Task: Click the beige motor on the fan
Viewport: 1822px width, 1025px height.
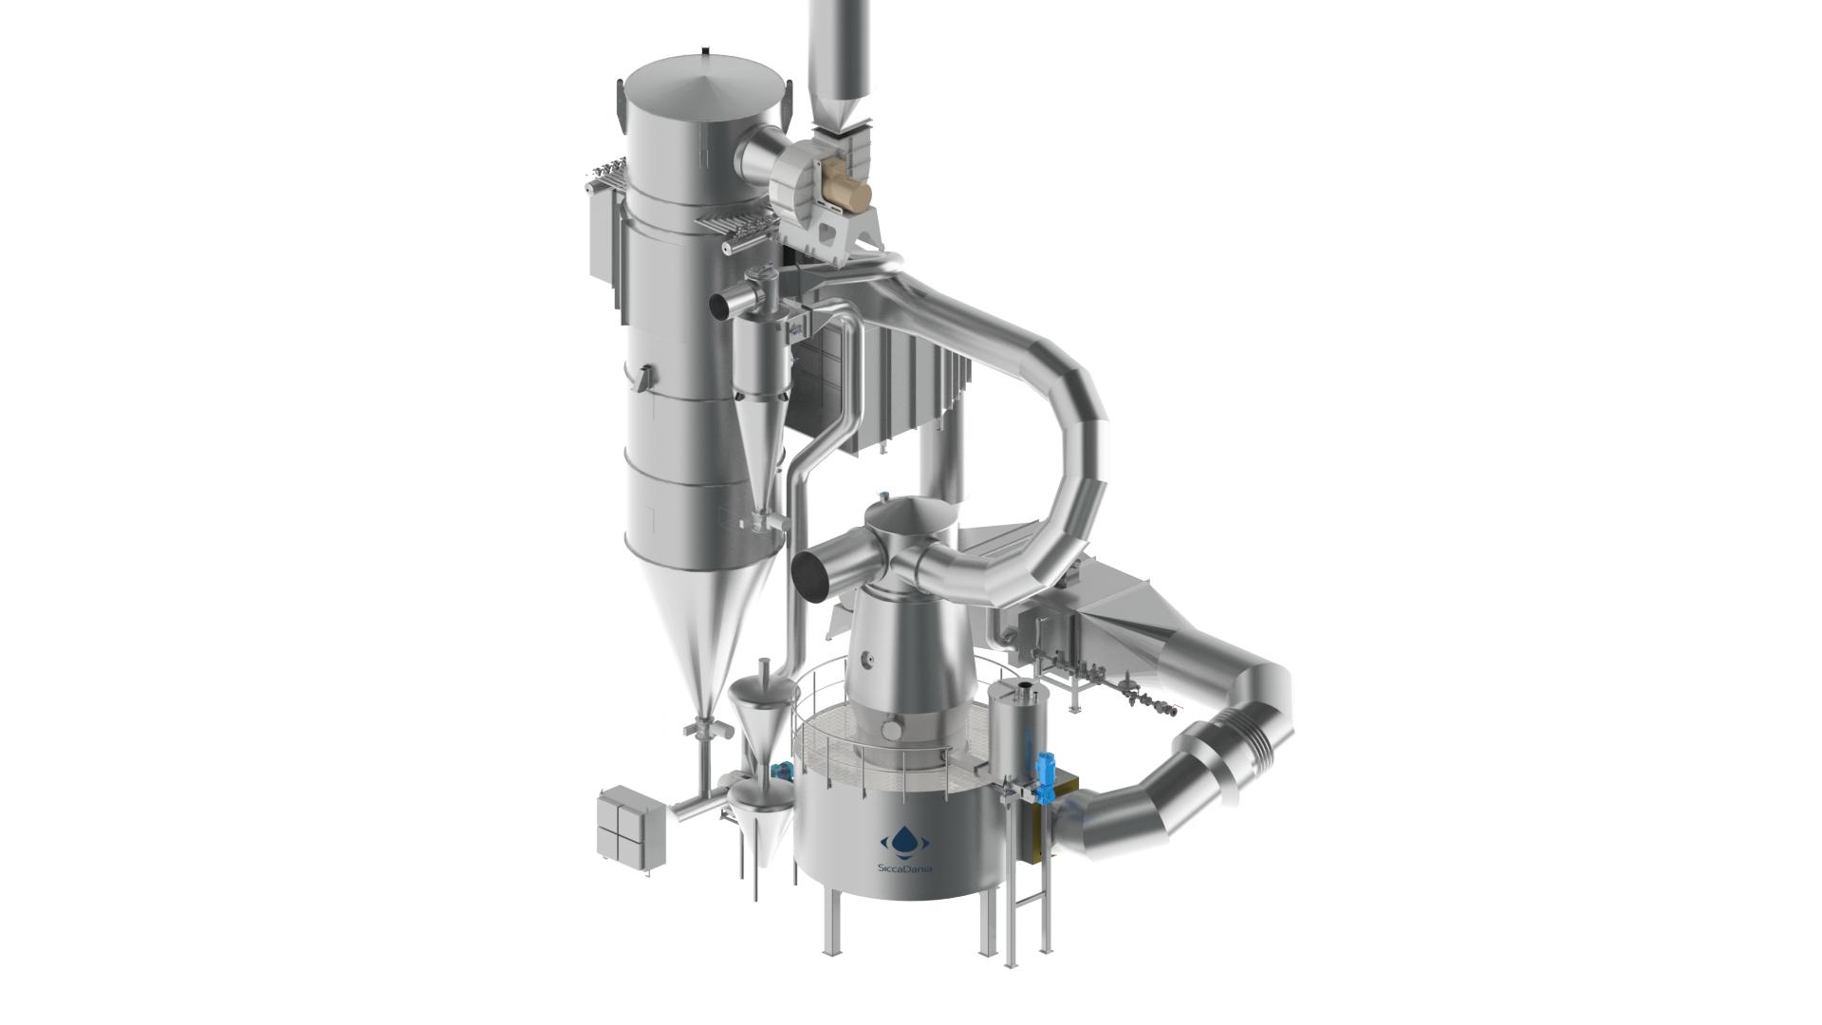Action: pos(846,195)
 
